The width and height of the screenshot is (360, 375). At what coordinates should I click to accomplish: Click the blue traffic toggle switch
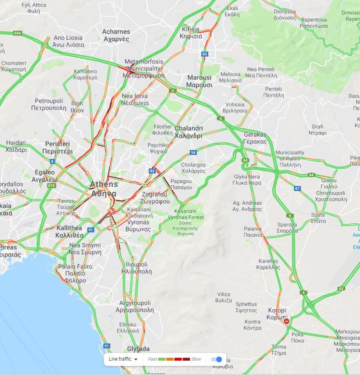pyautogui.click(x=217, y=359)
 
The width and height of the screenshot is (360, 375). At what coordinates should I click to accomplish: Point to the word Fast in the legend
pyautogui.click(x=152, y=359)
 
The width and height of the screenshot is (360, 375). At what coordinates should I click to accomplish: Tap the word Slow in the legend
pyautogui.click(x=196, y=359)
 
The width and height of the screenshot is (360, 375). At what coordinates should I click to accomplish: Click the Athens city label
pyautogui.click(x=103, y=189)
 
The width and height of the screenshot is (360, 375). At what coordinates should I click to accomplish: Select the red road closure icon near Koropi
pyautogui.click(x=287, y=321)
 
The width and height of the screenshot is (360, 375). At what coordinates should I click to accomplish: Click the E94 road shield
pyautogui.click(x=17, y=33)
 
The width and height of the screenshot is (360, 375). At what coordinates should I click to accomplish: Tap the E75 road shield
pyautogui.click(x=52, y=185)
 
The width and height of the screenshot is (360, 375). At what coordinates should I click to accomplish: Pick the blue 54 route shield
pyautogui.click(x=193, y=153)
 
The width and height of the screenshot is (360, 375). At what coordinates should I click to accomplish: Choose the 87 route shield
pyautogui.click(x=297, y=189)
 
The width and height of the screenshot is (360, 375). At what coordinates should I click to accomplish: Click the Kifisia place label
pyautogui.click(x=191, y=32)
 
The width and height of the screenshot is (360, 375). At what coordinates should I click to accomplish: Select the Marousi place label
pyautogui.click(x=200, y=81)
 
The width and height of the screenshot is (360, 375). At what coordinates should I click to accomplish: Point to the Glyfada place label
pyautogui.click(x=138, y=349)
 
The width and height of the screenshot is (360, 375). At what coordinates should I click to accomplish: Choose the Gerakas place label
pyautogui.click(x=255, y=138)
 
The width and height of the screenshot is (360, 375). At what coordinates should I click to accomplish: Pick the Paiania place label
pyautogui.click(x=253, y=231)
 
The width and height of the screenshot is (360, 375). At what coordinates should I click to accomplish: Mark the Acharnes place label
pyautogui.click(x=116, y=35)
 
